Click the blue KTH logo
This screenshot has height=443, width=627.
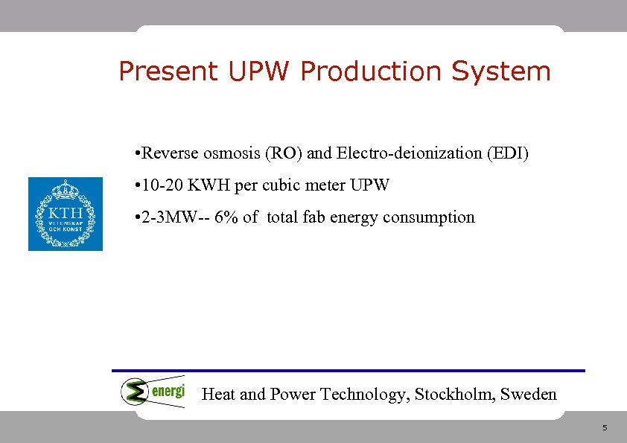(66, 214)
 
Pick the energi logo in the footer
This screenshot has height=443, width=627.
(153, 391)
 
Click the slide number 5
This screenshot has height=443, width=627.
(605, 428)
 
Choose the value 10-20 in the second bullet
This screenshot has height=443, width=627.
(161, 185)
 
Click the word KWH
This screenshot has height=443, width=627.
(211, 185)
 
